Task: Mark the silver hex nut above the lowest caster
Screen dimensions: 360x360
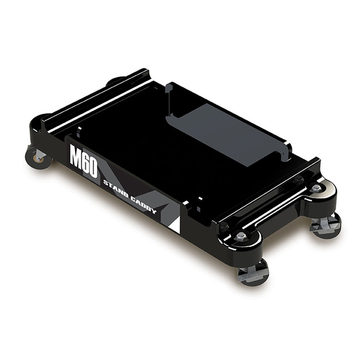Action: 240,236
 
